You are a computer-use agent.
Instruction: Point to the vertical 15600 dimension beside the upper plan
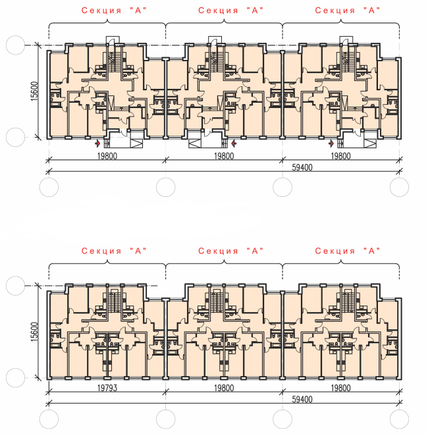coord(34,92)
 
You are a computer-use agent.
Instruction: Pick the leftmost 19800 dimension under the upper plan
coord(107,156)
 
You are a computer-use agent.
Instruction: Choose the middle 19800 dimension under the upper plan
coord(224,156)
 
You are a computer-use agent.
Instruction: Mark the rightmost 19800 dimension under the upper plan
coord(340,156)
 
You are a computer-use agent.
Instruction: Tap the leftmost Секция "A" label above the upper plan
coord(113,11)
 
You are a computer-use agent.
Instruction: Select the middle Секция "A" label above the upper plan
coord(230,11)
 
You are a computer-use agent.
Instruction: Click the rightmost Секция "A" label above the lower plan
coord(348,251)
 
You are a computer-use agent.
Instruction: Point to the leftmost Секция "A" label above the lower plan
coord(113,251)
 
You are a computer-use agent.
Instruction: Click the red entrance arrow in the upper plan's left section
coord(98,142)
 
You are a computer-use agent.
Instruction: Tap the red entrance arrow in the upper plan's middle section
coord(234,142)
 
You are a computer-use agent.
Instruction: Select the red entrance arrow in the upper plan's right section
coord(331,142)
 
